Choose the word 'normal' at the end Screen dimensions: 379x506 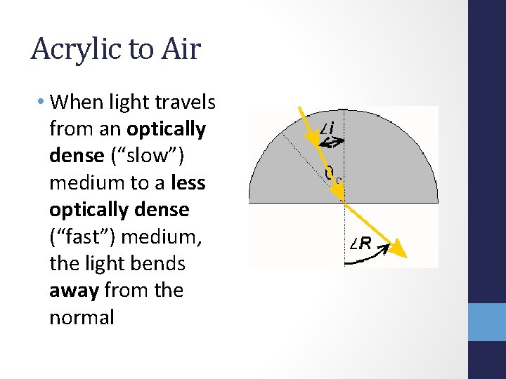click(x=82, y=317)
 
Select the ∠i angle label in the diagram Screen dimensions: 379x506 click(x=327, y=128)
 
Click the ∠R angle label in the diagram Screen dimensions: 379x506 click(x=363, y=244)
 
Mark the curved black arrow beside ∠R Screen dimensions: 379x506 click(x=369, y=260)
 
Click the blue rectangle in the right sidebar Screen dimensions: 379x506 click(x=487, y=321)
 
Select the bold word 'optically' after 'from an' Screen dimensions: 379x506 click(x=167, y=130)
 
